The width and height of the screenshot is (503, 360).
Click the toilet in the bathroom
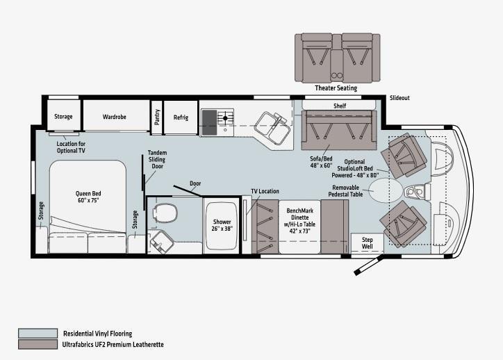click(x=165, y=213)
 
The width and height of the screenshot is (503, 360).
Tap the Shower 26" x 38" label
click(x=222, y=225)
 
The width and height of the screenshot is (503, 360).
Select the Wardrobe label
click(x=114, y=117)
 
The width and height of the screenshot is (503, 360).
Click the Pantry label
click(x=157, y=117)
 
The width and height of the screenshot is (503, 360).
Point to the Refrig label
click(x=181, y=117)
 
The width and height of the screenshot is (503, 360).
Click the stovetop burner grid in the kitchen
click(x=225, y=118)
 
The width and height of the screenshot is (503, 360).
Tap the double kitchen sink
click(x=272, y=128)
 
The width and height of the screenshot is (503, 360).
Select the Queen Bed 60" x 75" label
click(x=88, y=197)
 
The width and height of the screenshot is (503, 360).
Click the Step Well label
click(x=367, y=243)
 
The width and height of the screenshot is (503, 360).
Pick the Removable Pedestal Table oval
click(x=386, y=190)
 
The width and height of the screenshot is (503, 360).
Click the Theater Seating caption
click(x=336, y=88)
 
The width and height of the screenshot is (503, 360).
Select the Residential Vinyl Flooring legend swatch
click(x=38, y=334)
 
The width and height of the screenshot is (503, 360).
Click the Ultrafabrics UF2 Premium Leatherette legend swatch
click(x=38, y=344)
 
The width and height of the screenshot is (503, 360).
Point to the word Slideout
click(x=399, y=98)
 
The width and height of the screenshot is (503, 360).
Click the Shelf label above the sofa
click(x=340, y=106)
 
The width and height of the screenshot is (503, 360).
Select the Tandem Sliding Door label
click(x=157, y=159)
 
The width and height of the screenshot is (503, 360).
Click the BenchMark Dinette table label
click(x=299, y=221)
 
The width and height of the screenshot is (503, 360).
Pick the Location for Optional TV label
click(x=71, y=147)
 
